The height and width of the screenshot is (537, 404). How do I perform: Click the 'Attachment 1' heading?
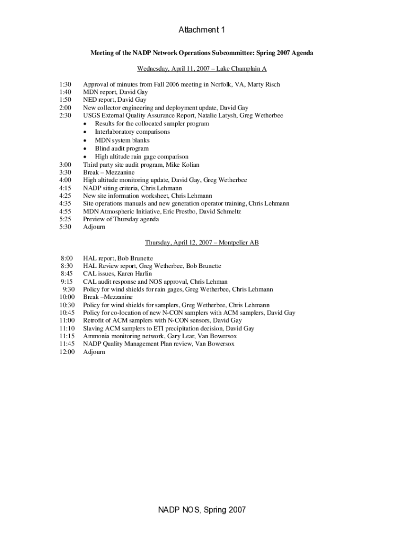tap(202, 30)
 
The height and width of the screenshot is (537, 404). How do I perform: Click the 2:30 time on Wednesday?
tap(65, 115)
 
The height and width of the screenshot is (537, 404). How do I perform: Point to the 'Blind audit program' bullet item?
tap(121, 148)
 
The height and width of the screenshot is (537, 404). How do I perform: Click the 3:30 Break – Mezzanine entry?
tap(109, 173)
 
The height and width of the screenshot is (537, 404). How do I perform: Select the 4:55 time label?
tap(65, 211)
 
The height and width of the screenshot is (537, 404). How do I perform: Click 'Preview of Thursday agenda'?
tap(121, 219)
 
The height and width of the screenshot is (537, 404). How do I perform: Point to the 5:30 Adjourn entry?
tap(94, 227)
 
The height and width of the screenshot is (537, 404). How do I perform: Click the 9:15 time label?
tap(67, 282)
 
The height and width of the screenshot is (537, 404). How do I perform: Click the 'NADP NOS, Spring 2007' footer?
tap(202, 510)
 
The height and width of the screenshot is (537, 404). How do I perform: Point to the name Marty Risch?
tap(264, 84)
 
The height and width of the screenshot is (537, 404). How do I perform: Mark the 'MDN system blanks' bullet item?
tap(122, 141)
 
